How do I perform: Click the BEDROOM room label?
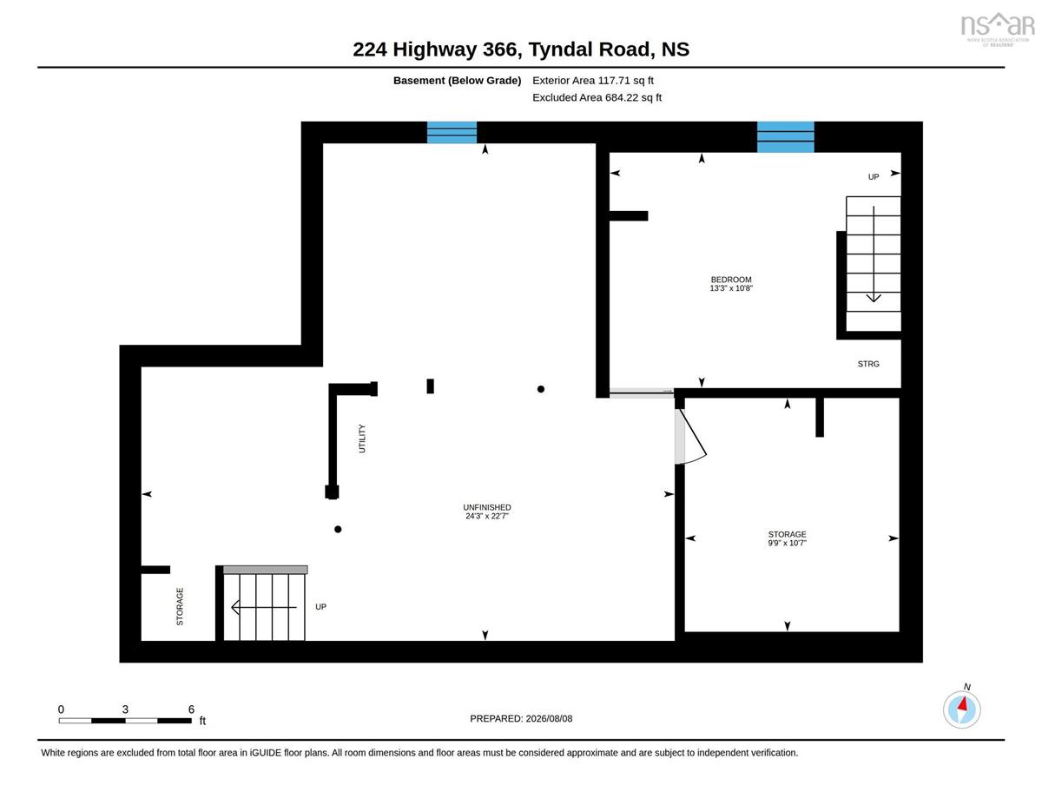pos(731,280)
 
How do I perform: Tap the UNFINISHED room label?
pos(487,507)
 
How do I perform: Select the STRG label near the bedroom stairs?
pos(868,364)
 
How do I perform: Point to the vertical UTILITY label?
pos(362,439)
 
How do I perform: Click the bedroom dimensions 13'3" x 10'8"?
pos(731,288)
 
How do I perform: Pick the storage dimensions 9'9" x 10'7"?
pos(787,543)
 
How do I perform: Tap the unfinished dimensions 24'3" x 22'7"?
pos(487,516)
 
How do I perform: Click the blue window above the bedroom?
pos(786,136)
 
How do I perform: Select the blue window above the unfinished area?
pos(452,132)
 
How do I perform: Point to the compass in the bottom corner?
pos(961,709)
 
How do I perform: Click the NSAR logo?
pos(998,29)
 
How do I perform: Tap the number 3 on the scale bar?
pos(125,709)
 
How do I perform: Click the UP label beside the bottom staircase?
pos(320,606)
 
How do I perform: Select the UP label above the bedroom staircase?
pos(874,177)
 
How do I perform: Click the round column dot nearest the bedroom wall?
pos(540,389)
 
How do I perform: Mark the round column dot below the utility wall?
pos(338,530)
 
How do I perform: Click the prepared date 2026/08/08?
pos(549,718)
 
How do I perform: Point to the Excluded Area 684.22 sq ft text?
pos(597,97)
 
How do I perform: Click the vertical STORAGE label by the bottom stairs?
pos(180,606)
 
